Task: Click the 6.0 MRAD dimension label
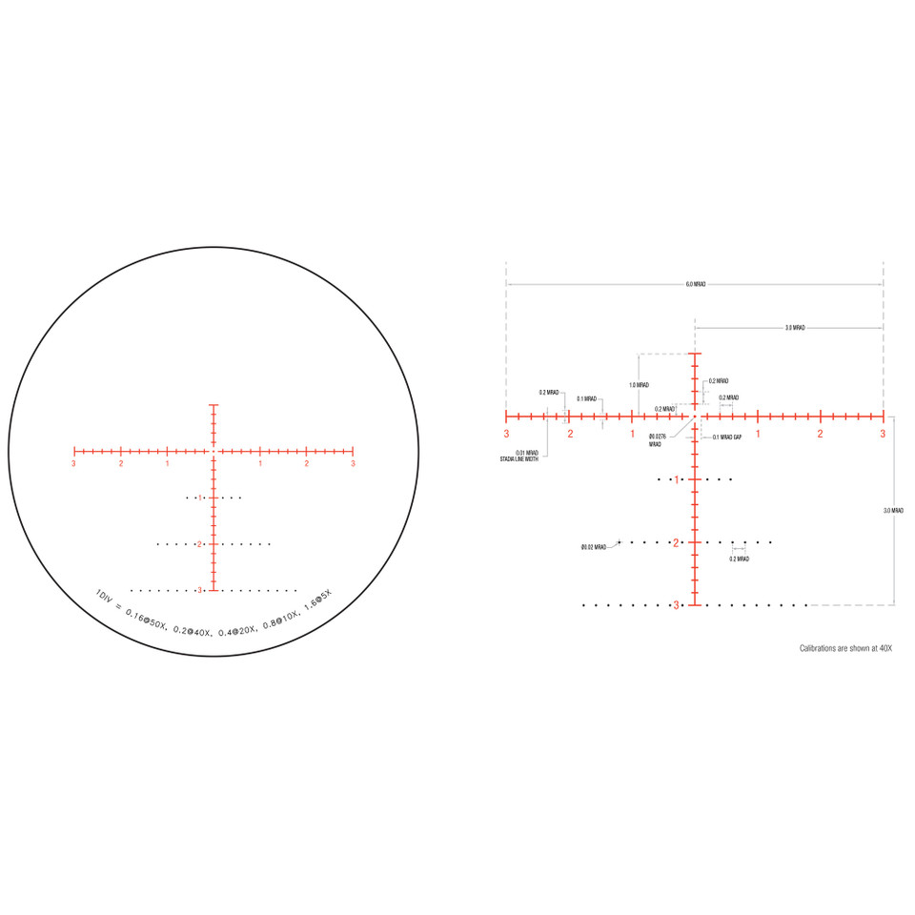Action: coord(695,284)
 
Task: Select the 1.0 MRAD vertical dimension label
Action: coord(639,385)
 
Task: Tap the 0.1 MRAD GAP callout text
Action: coord(727,437)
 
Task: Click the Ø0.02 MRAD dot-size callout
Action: coord(594,547)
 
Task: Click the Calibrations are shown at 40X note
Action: coord(844,648)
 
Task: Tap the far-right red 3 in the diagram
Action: coord(883,434)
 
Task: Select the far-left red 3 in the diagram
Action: coord(506,434)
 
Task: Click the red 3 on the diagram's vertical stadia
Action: coord(676,605)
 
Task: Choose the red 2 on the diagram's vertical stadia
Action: coord(676,542)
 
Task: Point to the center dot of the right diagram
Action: coord(695,417)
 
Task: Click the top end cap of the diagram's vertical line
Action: coord(695,354)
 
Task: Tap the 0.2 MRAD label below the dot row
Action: coord(739,559)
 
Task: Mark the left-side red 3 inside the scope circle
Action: coord(73,464)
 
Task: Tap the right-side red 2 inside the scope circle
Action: coord(306,464)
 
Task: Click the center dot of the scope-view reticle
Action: coord(213,450)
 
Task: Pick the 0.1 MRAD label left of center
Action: coord(586,399)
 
